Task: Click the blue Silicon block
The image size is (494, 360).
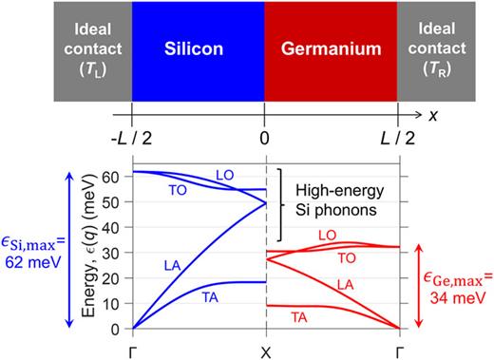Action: pos(199,47)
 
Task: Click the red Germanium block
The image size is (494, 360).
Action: pos(329,47)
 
